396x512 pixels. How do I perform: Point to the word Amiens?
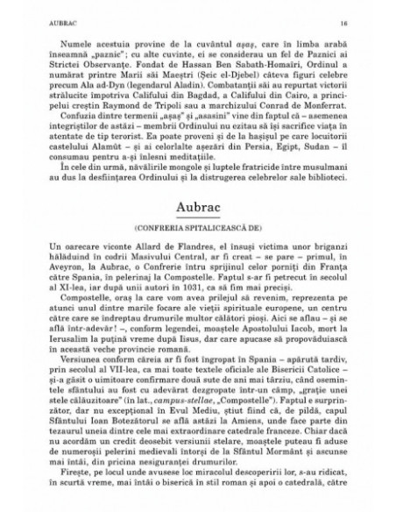(x=248, y=433)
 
